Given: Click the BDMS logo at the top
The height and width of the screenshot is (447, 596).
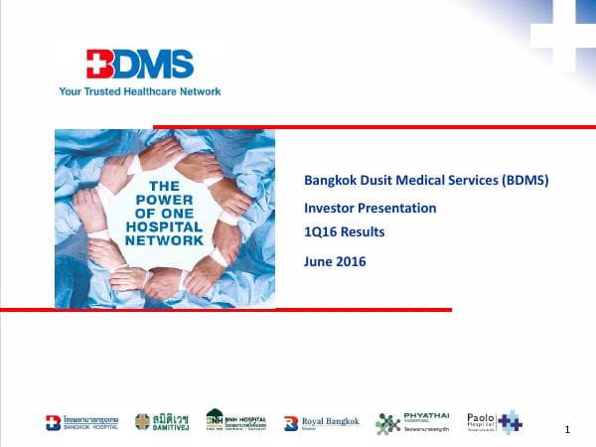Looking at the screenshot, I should (x=138, y=65).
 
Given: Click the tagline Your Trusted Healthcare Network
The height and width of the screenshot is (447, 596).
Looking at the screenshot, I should (x=140, y=91).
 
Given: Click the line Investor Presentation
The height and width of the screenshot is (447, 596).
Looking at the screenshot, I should (x=370, y=209).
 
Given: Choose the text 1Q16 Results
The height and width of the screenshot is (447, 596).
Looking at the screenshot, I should (x=344, y=232).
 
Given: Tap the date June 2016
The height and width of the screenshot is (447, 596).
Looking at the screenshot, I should (x=335, y=261).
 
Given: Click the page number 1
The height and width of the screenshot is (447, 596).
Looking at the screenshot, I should (x=566, y=429).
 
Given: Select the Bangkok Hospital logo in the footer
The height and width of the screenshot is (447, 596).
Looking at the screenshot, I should (x=81, y=422).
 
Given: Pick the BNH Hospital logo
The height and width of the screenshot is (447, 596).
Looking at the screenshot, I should (x=235, y=421).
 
